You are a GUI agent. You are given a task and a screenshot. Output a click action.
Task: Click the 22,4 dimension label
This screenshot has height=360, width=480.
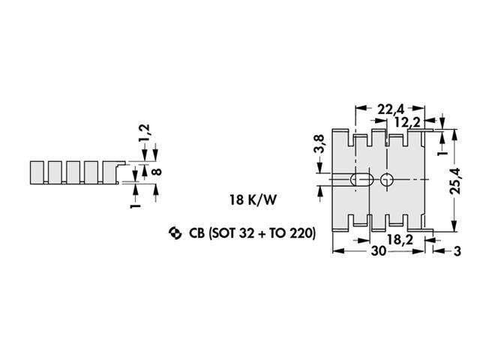391,109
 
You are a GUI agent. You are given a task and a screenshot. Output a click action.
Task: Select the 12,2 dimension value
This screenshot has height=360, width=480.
408,122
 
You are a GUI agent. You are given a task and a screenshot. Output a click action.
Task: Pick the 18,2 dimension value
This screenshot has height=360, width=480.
400,240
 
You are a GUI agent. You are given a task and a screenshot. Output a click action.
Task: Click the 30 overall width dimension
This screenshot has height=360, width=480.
379,251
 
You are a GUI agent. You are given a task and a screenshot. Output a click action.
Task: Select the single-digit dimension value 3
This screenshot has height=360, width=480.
457,251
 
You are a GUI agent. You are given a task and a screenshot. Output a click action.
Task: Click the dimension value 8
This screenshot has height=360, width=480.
157,172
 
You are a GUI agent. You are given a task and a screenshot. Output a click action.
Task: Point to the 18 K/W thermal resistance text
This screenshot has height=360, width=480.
253,200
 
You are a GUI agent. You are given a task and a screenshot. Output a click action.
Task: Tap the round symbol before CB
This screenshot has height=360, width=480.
175,233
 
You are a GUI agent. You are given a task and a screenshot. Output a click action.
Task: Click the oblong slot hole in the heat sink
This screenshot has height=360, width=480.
361,180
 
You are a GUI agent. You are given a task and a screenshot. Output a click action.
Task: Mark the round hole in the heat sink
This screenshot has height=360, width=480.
387,180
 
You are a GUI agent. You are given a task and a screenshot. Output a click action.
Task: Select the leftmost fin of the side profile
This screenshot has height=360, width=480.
37,172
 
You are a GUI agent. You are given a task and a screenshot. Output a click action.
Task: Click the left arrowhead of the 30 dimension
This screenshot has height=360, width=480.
337,251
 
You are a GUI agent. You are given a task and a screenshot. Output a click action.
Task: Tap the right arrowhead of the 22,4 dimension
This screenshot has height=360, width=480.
419,108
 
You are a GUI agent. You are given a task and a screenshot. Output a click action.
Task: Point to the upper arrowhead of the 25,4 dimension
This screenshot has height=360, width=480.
455,135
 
